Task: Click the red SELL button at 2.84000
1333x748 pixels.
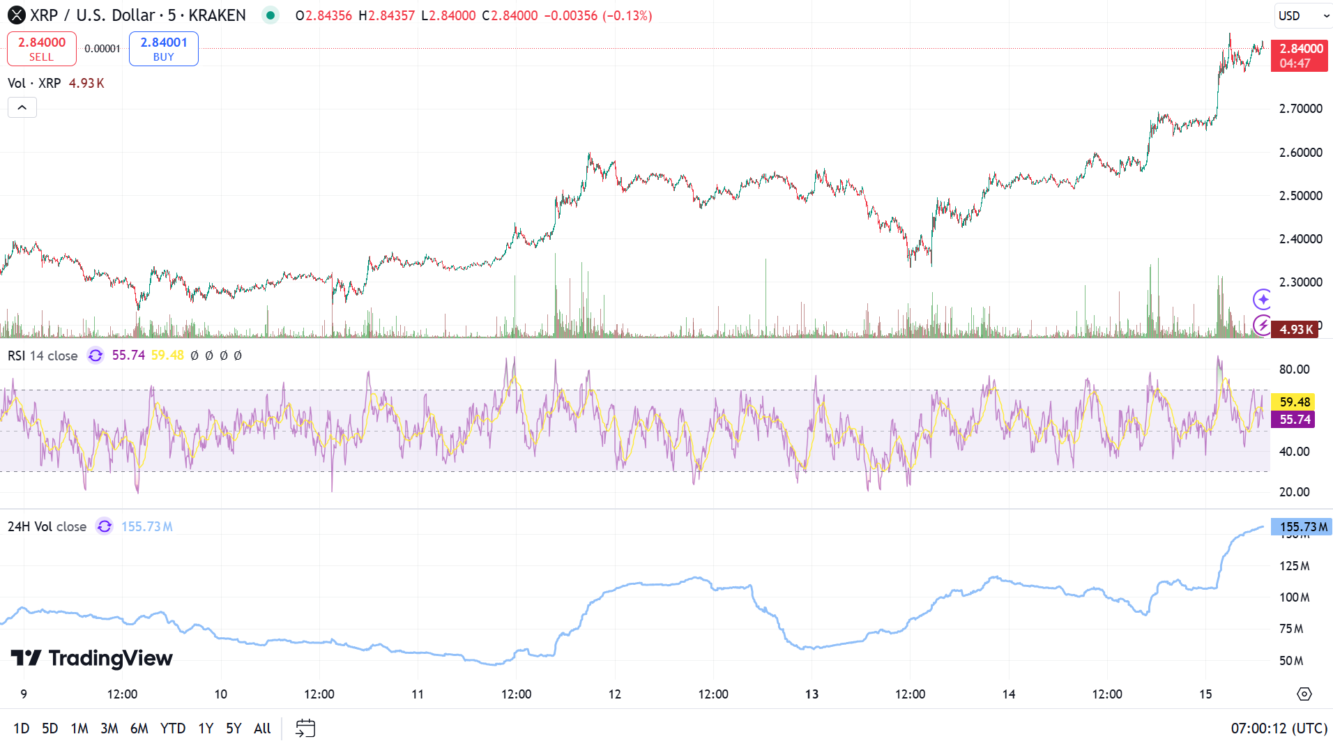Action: point(41,49)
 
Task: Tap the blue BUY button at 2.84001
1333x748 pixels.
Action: point(163,49)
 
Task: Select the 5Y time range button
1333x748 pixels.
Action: point(233,728)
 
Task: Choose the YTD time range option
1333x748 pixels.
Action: point(172,728)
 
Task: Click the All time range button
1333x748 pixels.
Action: point(262,728)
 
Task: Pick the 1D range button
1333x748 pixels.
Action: point(21,728)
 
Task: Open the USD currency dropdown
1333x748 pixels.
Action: point(1302,15)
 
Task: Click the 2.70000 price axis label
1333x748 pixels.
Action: point(1300,109)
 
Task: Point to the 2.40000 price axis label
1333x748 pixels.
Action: point(1300,239)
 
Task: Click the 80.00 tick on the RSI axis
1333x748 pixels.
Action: point(1294,369)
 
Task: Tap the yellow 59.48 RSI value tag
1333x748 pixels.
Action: point(1294,402)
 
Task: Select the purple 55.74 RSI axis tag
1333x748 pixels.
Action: point(1294,420)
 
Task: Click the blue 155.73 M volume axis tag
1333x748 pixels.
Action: point(1302,527)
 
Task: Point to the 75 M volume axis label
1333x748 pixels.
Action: point(1291,629)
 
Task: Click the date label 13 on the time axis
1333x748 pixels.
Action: point(812,694)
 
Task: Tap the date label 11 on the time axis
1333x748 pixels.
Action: point(417,694)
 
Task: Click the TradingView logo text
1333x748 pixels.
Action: point(92,658)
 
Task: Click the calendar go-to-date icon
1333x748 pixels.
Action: point(305,728)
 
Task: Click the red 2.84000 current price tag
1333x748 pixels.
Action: point(1300,56)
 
